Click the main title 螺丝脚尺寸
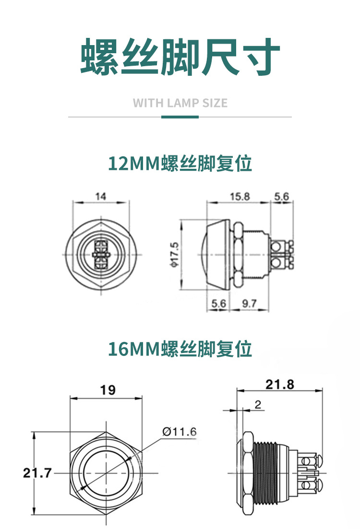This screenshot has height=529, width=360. coord(180,57)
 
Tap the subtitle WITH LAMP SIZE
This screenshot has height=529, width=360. coord(180,103)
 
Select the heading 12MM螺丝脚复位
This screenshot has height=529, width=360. coord(180,163)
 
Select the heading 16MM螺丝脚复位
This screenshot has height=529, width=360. coord(180,349)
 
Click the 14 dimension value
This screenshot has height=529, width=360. coord(101,196)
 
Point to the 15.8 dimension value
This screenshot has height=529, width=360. coord(240,196)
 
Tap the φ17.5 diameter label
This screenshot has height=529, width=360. coord(175,255)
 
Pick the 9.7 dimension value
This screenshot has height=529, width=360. coord(249,303)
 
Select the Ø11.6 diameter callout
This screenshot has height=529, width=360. coord(180,432)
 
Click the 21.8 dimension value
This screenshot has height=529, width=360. coord(280,384)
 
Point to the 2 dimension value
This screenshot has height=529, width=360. coord(258,404)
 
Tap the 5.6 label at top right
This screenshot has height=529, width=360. coord(282,196)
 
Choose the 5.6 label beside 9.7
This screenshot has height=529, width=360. coord(219,303)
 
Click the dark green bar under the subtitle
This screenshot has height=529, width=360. coord(180,117)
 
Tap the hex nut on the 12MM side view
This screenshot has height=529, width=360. coord(239,255)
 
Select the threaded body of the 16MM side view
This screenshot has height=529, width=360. coord(265,473)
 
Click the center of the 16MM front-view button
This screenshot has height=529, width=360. coord(106,473)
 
